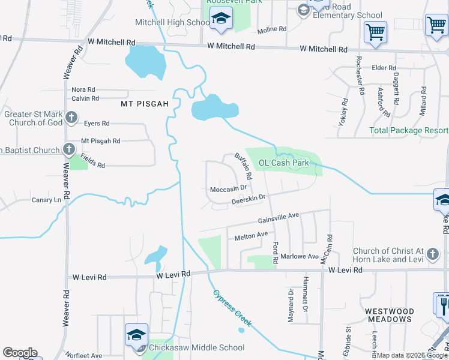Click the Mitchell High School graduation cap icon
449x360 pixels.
coord(221,19)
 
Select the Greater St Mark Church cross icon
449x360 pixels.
coord(71,118)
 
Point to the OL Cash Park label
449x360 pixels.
coord(283,163)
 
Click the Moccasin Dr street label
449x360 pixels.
coord(229,188)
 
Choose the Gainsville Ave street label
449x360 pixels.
coord(279,218)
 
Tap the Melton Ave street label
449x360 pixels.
coord(250,236)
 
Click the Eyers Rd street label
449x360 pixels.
coord(97,123)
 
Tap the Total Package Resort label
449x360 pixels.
coord(408,130)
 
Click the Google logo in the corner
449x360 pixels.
coord(19,353)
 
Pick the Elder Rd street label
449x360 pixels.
coord(384,68)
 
